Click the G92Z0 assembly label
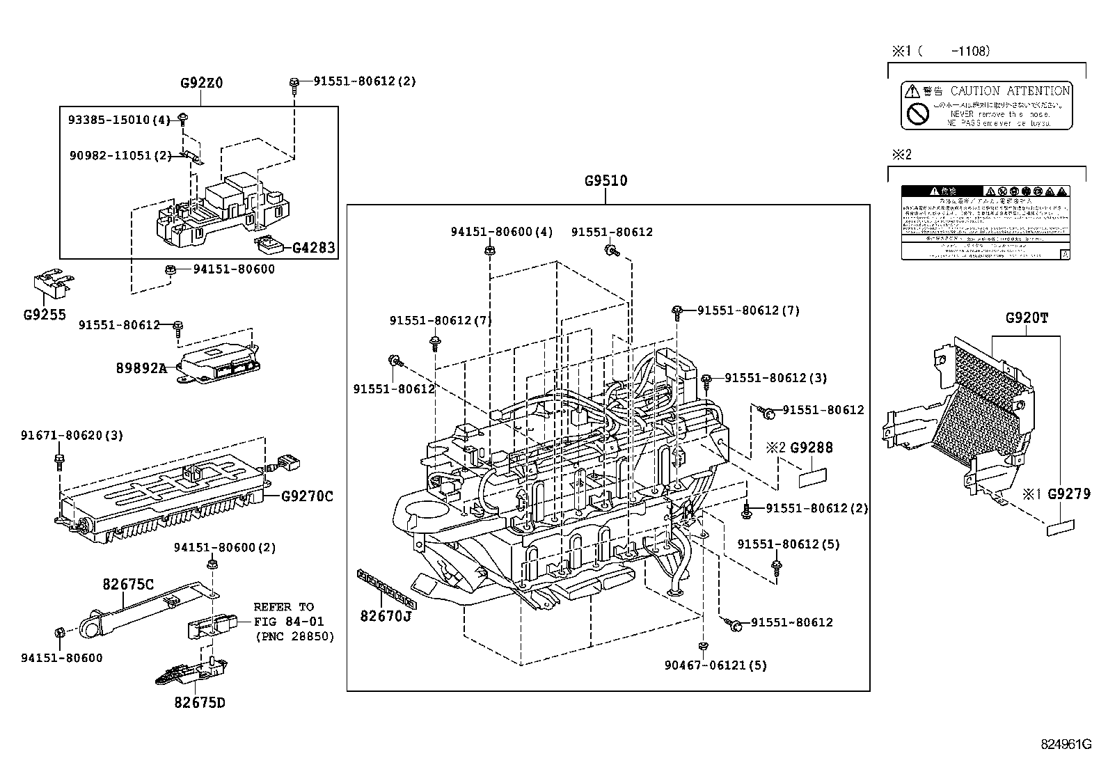coord(201,83)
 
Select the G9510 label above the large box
coord(606,181)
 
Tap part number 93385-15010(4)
coord(118,120)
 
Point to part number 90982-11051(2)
coord(120,155)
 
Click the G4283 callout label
coord(313,247)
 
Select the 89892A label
coord(141,368)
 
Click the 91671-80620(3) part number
coord(71,436)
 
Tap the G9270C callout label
coord(307,496)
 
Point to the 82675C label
coord(128,585)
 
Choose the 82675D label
coord(199,702)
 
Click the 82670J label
coord(386,615)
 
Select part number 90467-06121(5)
coord(715,665)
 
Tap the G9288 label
coord(811,448)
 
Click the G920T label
coord(1027,318)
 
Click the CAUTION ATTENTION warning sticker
coord(986,105)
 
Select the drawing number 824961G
coord(1066,744)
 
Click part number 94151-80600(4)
coord(501,232)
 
